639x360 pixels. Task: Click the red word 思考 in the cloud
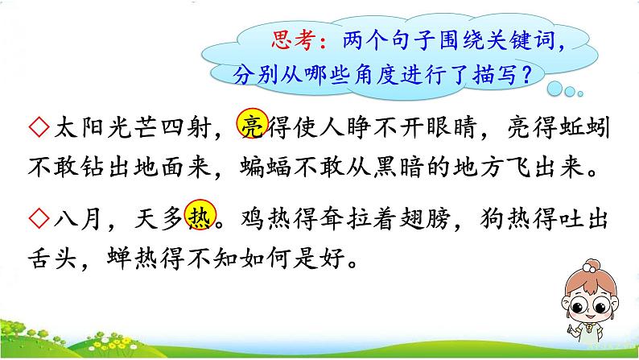[294, 40]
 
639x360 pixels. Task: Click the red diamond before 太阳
[39, 127]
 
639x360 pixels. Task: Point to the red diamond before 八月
[39, 218]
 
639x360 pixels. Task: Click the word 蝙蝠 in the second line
[266, 167]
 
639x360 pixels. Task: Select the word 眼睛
[452, 126]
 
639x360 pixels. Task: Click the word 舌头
[52, 258]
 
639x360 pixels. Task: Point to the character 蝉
[119, 258]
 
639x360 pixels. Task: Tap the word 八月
[77, 218]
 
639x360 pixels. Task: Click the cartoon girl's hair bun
[590, 267]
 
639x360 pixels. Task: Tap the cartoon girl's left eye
[578, 305]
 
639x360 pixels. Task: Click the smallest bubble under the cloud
[580, 93]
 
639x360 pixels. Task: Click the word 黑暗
[398, 167]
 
